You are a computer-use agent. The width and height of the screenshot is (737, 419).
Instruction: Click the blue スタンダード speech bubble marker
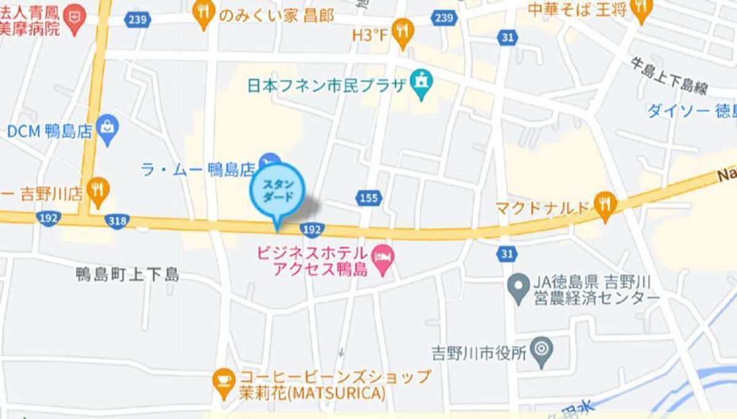[277, 192]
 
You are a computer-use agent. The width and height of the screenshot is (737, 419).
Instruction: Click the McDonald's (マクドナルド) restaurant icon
[606, 205]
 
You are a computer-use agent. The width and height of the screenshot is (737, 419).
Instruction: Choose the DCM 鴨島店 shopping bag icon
[109, 130]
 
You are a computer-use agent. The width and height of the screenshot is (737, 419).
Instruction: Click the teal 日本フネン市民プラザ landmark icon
[422, 84]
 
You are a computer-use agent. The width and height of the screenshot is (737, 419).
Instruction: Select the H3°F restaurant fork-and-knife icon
[403, 33]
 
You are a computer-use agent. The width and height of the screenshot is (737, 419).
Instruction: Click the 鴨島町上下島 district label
[128, 274]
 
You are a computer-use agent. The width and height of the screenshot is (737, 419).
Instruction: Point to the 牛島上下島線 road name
[669, 76]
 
